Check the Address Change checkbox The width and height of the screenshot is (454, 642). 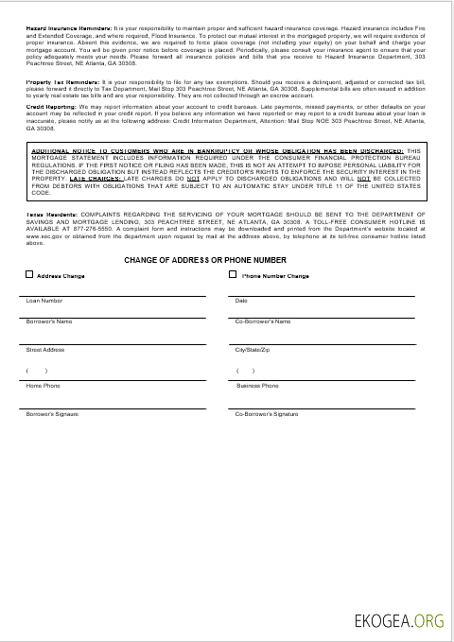[29, 275]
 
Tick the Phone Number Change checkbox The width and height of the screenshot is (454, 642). [234, 275]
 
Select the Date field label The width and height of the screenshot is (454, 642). [240, 301]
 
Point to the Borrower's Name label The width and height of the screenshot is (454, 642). [49, 321]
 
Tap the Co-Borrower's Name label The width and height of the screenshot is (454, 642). [262, 321]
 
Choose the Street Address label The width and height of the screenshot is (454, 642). [45, 350]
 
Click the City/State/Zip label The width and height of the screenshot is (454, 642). [253, 350]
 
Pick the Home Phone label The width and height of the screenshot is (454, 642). [43, 386]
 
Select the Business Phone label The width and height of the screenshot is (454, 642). [257, 386]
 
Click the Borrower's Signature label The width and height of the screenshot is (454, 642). [52, 414]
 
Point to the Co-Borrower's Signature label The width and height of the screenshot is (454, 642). [266, 414]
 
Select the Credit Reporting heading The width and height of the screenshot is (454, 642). [47, 106]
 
